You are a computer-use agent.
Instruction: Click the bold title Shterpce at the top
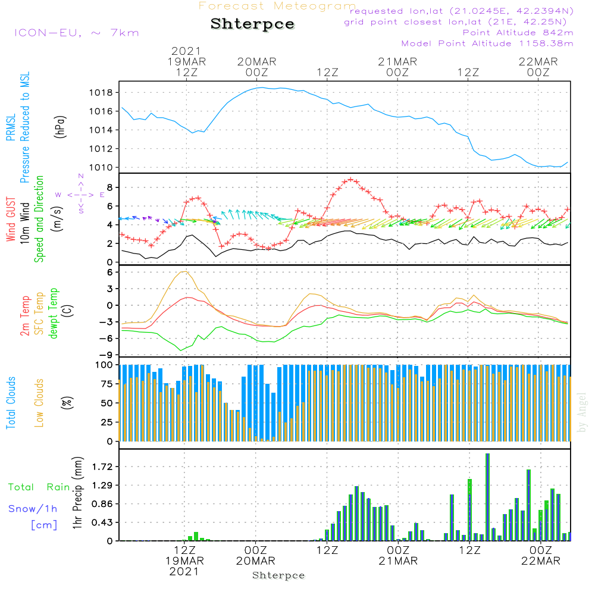252,24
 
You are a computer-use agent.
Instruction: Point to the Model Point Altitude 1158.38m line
487,43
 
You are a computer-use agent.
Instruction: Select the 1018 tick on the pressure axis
102,93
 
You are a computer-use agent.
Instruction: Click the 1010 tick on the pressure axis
102,167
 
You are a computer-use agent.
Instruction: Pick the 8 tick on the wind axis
109,187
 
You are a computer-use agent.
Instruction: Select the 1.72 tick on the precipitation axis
102,466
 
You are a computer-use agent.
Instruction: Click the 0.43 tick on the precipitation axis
102,522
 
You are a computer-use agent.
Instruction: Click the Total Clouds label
11,402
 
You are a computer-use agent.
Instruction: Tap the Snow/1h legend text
33,509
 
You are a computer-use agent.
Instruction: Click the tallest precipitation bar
487,497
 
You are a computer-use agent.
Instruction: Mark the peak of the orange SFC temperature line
185,271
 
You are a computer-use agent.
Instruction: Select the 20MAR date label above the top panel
256,61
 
